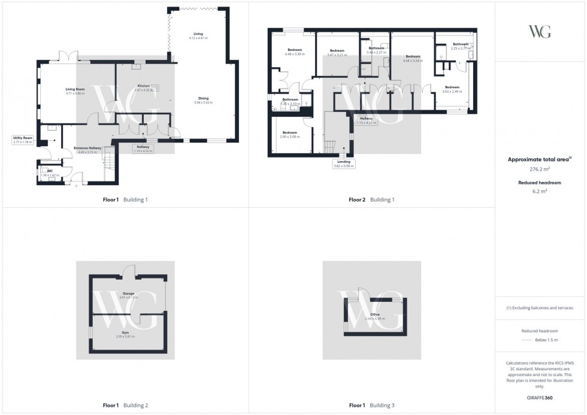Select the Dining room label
(x=203, y=100)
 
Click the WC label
(x=43, y=172)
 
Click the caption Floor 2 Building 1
(x=371, y=199)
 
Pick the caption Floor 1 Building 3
(x=371, y=405)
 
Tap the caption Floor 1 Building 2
(x=125, y=405)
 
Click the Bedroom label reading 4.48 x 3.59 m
(x=293, y=52)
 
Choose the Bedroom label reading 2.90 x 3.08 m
(x=290, y=135)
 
